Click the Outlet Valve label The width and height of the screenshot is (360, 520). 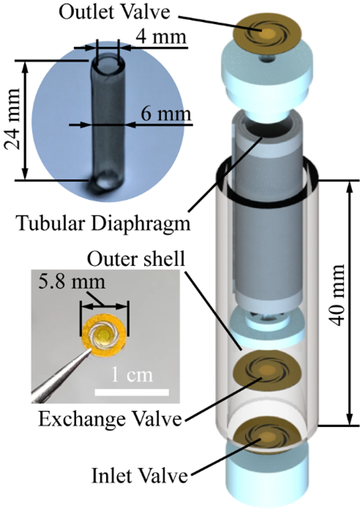(115, 12)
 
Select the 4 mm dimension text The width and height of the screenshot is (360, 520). (161, 36)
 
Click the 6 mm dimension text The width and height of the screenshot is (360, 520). (166, 114)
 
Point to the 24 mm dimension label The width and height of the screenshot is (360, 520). (12, 119)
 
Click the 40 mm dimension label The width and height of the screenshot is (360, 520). (337, 295)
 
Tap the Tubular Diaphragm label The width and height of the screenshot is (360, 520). (104, 224)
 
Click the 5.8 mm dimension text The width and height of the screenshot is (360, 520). (71, 282)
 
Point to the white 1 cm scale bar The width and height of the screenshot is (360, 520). (132, 392)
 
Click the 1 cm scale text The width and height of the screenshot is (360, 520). (132, 375)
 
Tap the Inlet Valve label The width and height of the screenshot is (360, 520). (139, 475)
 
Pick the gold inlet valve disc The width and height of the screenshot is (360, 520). (268, 436)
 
